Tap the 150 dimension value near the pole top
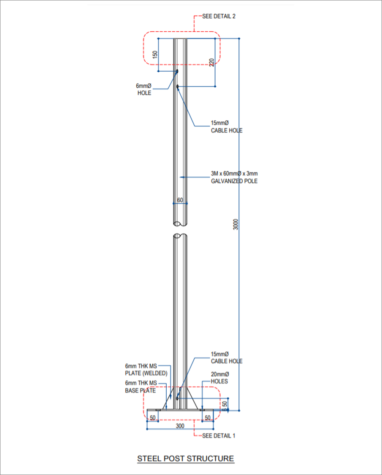[155, 55]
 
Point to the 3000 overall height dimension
[236, 224]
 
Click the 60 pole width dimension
[180, 200]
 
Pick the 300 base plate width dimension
[180, 426]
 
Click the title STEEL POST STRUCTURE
[185, 458]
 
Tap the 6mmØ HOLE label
[144, 89]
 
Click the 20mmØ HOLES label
[219, 378]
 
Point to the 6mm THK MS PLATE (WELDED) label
[146, 370]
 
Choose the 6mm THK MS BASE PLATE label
[141, 386]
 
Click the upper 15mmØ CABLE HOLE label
[227, 127]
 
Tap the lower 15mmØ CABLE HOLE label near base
[227, 357]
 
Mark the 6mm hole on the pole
[177, 71]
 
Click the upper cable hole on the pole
[178, 86]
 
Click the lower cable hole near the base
[178, 397]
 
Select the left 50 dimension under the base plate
[153, 418]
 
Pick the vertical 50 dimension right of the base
[225, 404]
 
